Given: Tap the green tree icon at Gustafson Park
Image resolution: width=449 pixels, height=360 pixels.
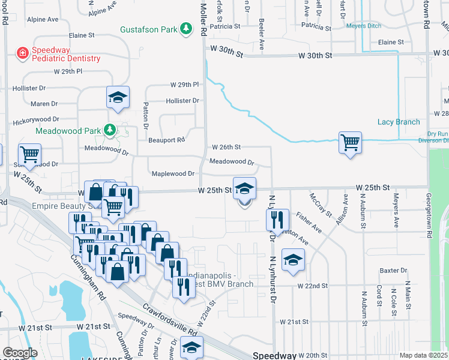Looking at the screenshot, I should point(187,28).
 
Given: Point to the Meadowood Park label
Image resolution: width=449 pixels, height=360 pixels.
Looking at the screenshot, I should point(68,130).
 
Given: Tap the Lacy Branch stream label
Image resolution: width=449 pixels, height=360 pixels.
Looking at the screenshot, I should point(399,122).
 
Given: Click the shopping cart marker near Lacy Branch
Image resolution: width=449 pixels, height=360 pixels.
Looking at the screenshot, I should point(350,143).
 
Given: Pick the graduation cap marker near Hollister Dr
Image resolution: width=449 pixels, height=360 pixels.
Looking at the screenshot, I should point(118,97).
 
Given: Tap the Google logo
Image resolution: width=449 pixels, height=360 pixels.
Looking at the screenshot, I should point(19,353).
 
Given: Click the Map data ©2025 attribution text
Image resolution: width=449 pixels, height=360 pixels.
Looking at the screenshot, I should point(424,355).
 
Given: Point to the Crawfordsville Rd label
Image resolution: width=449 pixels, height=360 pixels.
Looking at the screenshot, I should point(169,319).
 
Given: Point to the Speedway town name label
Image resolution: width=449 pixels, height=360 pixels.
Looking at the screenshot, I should point(274,355).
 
